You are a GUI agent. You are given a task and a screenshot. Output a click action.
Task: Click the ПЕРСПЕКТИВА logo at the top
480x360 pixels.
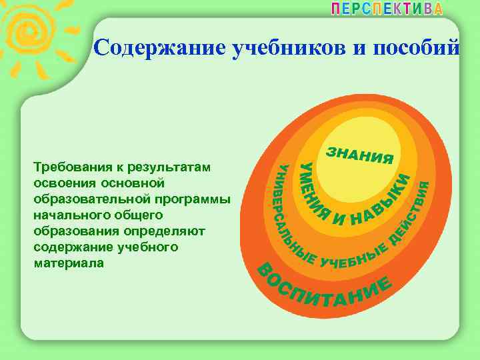(x=387, y=10)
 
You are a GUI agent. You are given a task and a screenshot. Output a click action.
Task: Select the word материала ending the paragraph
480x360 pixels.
(x=63, y=263)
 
